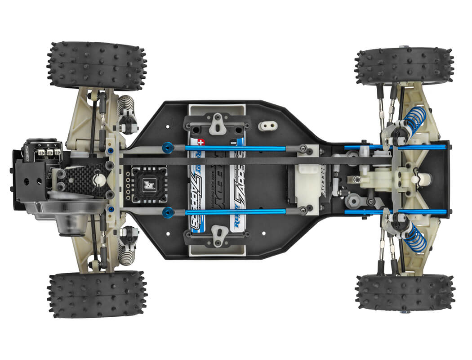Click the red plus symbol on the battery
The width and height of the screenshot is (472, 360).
[x=201, y=141]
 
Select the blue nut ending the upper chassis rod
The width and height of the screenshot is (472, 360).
[x=168, y=147]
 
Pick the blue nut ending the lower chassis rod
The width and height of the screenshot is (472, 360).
[x=168, y=212]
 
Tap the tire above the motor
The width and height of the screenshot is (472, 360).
[x=96, y=65]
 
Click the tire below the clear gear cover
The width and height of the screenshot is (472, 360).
[x=96, y=294]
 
